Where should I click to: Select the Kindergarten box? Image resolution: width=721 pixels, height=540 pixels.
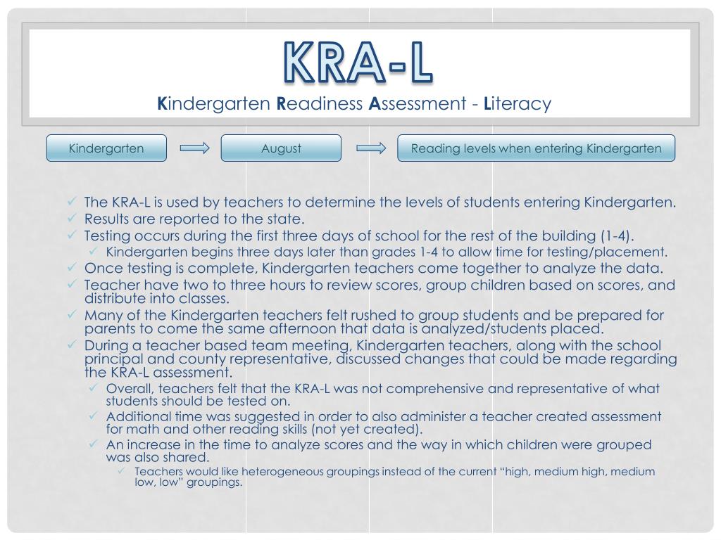pyautogui.click(x=106, y=148)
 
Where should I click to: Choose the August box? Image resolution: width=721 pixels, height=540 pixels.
pyautogui.click(x=281, y=148)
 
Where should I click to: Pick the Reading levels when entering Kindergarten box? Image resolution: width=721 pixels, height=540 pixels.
pyautogui.click(x=536, y=148)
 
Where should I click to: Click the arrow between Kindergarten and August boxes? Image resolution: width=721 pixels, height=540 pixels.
pyautogui.click(x=194, y=148)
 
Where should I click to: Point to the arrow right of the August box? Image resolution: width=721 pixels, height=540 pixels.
pyautogui.click(x=370, y=148)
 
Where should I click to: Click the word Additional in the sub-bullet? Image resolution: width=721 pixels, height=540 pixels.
pyautogui.click(x=132, y=416)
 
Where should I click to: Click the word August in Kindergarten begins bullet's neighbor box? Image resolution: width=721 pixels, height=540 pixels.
pyautogui.click(x=281, y=148)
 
